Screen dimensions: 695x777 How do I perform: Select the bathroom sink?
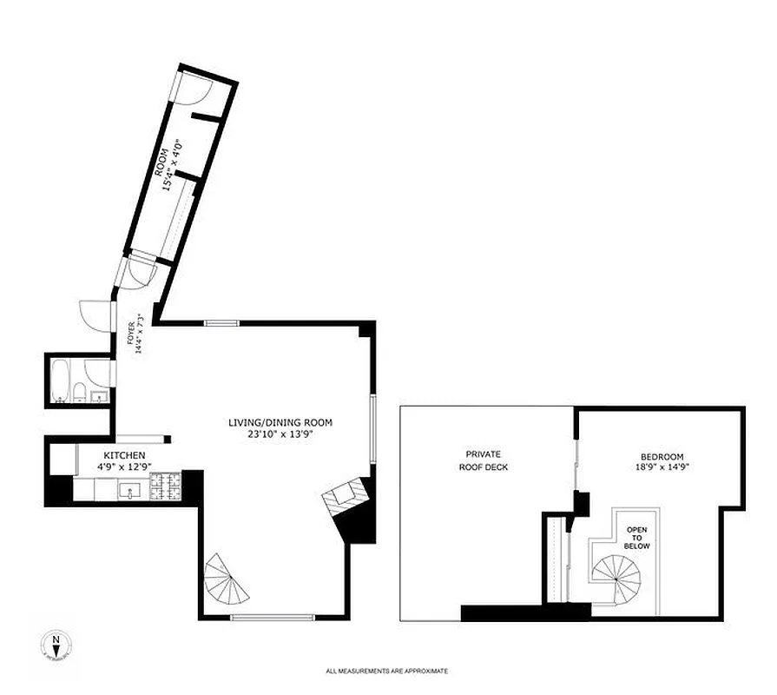[x=99, y=397]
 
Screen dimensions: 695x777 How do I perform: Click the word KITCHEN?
[x=124, y=455]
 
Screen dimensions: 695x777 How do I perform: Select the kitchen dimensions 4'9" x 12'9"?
[x=124, y=467]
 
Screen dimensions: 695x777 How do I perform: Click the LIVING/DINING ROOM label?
[x=280, y=423]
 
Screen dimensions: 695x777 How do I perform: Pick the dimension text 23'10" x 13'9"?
[x=280, y=434]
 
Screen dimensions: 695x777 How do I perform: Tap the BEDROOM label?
[x=662, y=457]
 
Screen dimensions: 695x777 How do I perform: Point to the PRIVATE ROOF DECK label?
[x=484, y=460]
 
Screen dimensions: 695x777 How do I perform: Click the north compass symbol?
[x=56, y=646]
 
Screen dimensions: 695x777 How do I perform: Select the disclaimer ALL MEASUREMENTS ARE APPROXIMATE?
[x=387, y=671]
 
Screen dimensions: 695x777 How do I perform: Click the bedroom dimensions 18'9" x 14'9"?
[x=662, y=467]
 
